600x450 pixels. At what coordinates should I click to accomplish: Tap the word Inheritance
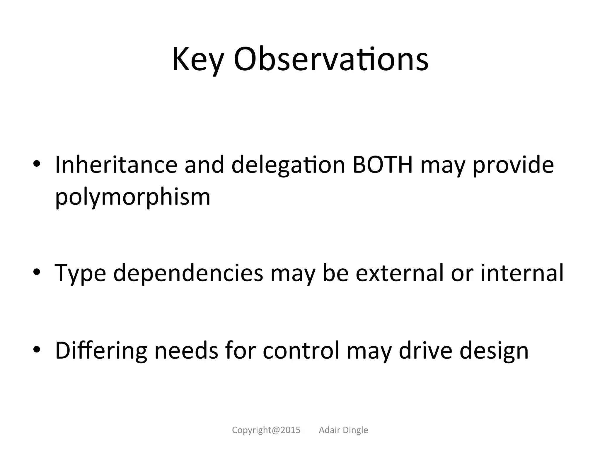pyautogui.click(x=116, y=165)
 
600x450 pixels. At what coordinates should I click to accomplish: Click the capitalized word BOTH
pyautogui.click(x=383, y=165)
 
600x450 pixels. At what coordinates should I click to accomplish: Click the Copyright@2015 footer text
pyautogui.click(x=266, y=430)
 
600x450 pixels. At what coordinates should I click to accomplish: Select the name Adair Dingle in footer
pyautogui.click(x=343, y=430)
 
